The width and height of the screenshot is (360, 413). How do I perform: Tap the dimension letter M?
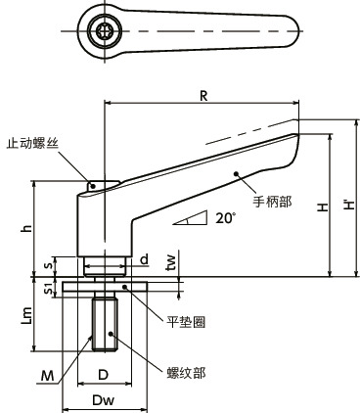(x=46, y=374)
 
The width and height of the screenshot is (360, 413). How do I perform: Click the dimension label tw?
(x=172, y=261)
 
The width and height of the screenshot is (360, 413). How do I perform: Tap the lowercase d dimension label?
(x=143, y=259)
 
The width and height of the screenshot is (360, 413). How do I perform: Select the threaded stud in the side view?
(x=104, y=326)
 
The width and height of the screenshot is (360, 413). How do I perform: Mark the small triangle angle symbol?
(x=193, y=217)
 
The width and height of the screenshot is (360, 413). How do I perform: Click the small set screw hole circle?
(x=94, y=185)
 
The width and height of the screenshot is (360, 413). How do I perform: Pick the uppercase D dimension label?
(x=104, y=374)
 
